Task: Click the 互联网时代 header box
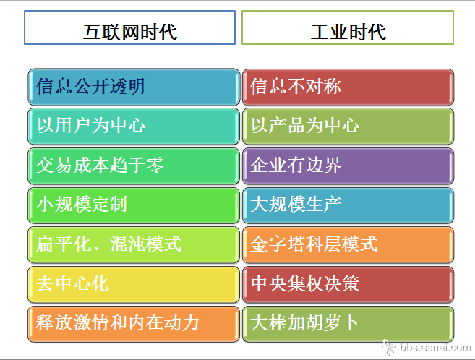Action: tap(129, 27)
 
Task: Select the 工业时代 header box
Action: tap(348, 27)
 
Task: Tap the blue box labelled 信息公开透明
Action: tap(134, 87)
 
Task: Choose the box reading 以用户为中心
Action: tap(134, 127)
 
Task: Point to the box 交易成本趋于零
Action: tap(134, 166)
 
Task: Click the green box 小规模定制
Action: tap(134, 205)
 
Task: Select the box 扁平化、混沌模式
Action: tap(134, 244)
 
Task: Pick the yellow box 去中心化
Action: tap(134, 284)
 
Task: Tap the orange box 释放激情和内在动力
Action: tap(134, 324)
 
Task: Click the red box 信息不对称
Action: tap(348, 87)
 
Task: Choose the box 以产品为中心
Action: tap(348, 127)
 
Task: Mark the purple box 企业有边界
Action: tap(348, 166)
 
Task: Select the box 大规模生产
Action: tap(348, 205)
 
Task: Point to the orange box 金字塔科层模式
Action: tap(348, 244)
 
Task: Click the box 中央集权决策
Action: tap(348, 284)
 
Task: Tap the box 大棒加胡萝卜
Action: tap(348, 324)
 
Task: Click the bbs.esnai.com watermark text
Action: tap(435, 347)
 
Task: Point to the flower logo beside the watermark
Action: tap(389, 347)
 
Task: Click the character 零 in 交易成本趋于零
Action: tap(155, 166)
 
